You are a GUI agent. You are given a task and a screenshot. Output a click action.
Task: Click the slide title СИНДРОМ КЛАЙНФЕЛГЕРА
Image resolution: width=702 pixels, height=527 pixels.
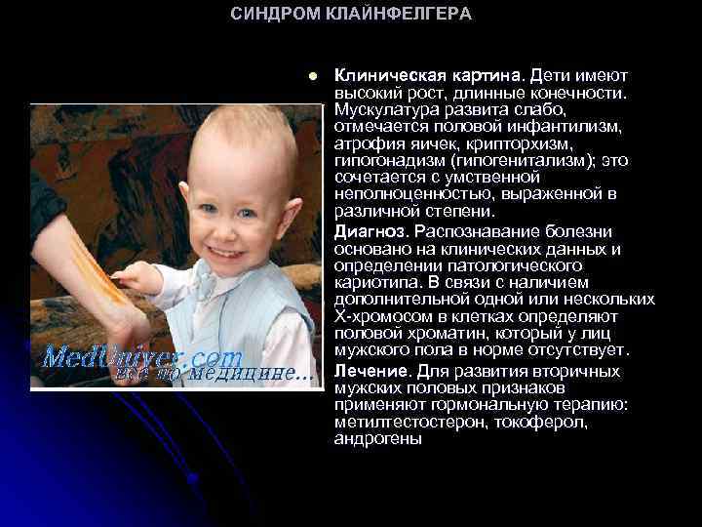(351, 14)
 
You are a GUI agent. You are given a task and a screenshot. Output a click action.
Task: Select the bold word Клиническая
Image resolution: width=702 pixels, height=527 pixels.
(380, 75)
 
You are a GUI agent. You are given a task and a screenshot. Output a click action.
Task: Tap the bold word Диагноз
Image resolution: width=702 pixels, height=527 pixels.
(370, 232)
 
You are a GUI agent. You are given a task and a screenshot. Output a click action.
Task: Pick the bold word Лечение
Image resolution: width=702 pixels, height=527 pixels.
(370, 373)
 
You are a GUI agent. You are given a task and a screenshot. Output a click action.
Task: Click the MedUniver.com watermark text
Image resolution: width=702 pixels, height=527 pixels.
(141, 354)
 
